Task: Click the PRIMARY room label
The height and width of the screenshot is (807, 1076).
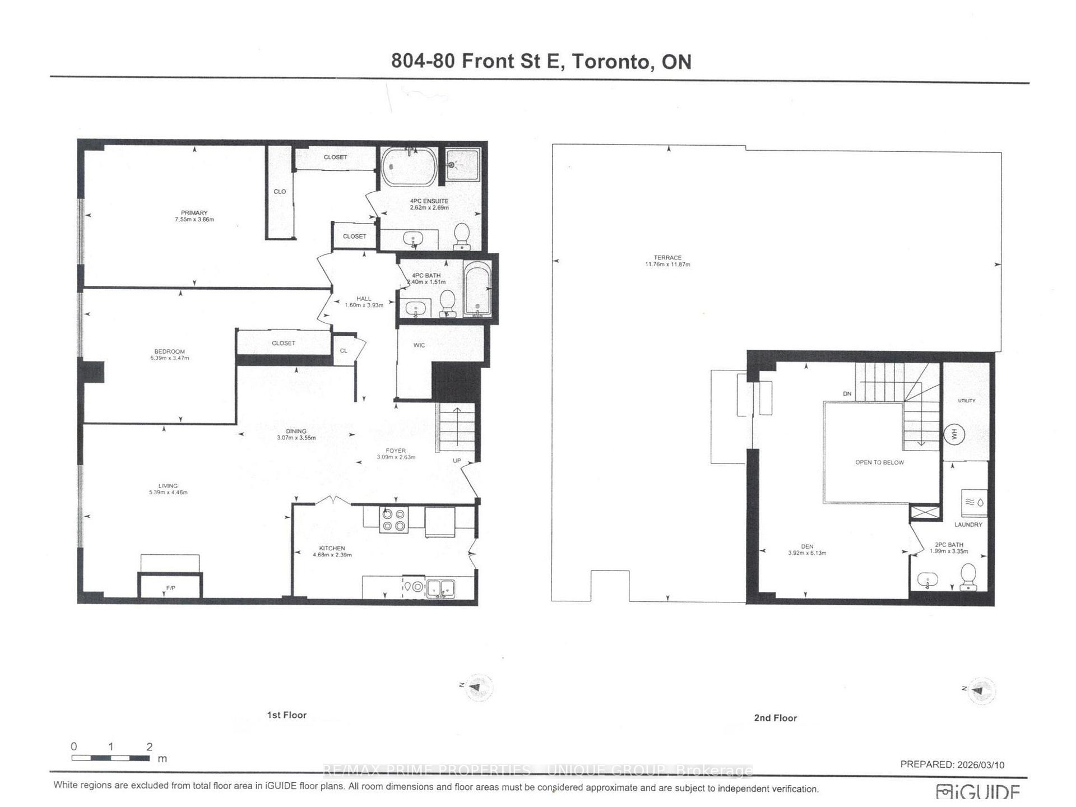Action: coord(194,213)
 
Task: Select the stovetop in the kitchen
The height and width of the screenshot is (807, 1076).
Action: coord(393,520)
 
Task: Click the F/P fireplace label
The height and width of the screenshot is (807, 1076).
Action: coord(170,588)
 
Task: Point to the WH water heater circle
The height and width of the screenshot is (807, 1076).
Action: coord(954,434)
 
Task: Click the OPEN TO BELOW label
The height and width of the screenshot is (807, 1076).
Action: coord(879,462)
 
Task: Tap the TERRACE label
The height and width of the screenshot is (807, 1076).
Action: coord(667,258)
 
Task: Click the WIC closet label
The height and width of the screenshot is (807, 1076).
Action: coord(419,345)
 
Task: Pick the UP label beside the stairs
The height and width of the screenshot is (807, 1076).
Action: coord(457,461)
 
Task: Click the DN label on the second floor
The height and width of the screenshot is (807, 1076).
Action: coord(847,394)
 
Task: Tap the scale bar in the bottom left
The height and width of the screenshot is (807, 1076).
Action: coord(110,758)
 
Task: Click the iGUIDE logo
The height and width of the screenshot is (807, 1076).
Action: coord(978,792)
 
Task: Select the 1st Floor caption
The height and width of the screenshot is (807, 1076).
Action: coord(286,715)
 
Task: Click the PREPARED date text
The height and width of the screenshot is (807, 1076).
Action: coord(952,764)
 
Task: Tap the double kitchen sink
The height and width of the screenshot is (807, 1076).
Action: coord(441,588)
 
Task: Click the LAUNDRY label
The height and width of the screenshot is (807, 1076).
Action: coord(968,525)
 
